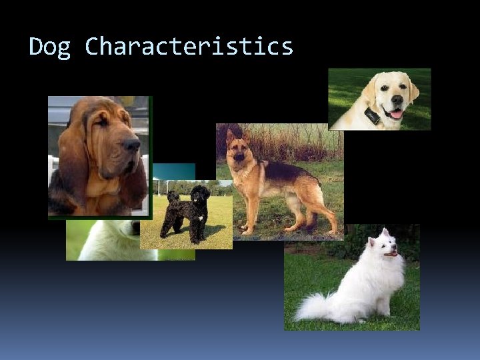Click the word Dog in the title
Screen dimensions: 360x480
(50, 47)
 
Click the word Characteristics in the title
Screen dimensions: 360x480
(189, 47)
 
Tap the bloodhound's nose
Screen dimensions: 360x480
(131, 144)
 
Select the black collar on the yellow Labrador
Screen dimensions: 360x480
(372, 117)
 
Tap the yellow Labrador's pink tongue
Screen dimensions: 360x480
(397, 114)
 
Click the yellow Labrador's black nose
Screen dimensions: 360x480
(397, 100)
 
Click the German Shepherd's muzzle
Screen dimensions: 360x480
(238, 157)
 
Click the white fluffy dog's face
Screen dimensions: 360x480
(387, 246)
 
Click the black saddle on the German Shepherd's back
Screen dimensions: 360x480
(287, 170)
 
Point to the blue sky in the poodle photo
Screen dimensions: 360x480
(173, 171)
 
